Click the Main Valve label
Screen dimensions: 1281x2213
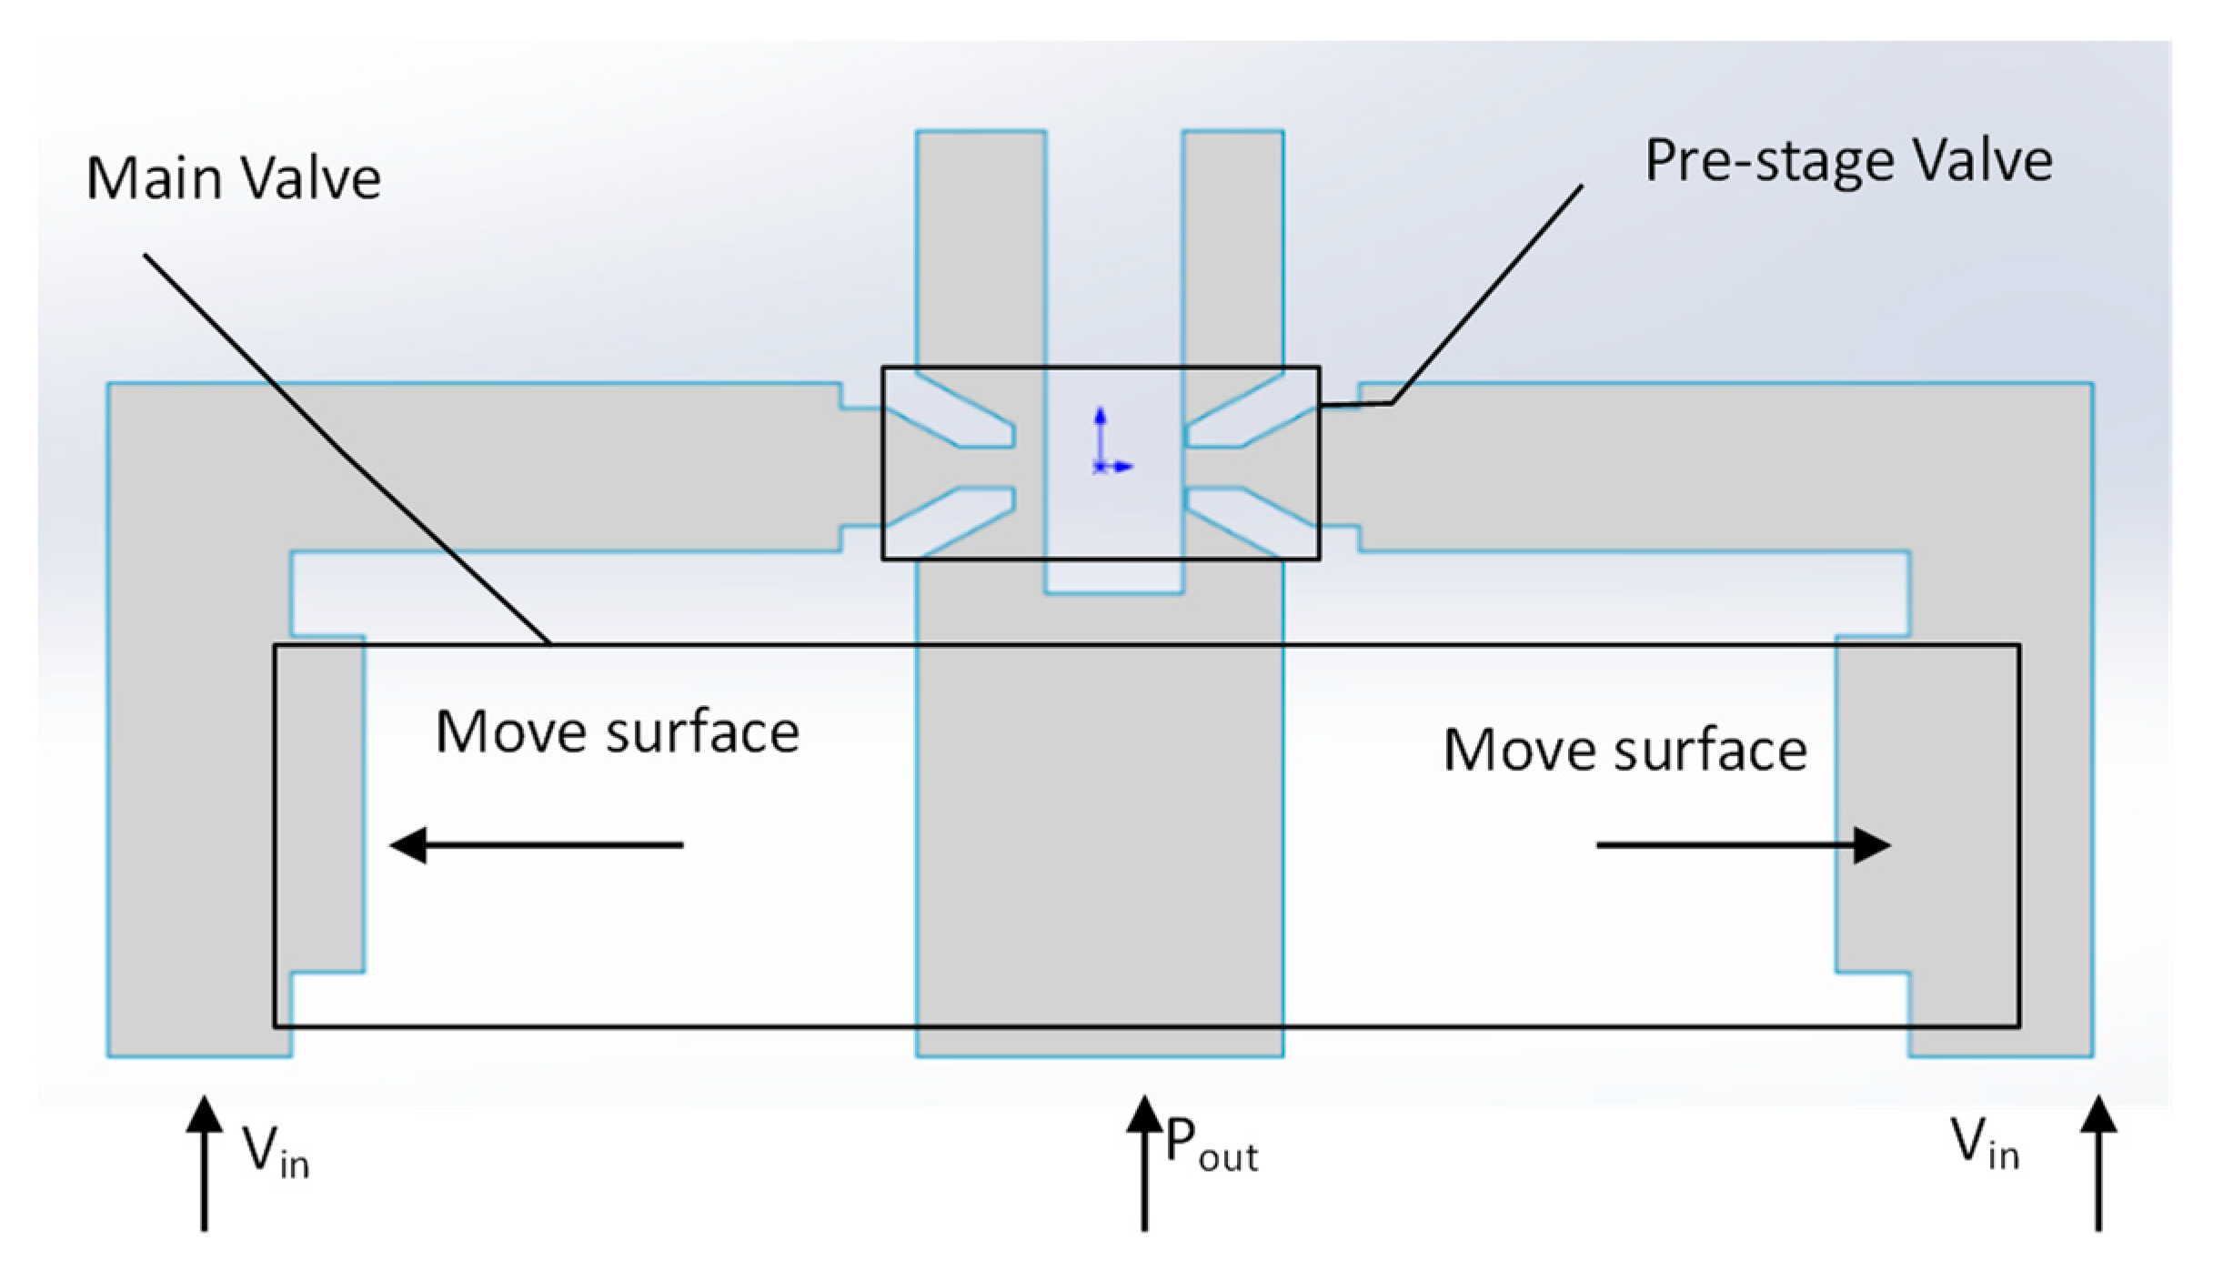(233, 177)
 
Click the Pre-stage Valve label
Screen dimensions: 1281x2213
(1848, 162)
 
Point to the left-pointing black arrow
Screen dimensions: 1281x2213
(537, 845)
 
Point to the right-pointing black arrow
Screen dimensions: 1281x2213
(1743, 845)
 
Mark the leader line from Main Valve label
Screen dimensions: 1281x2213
(346, 449)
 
